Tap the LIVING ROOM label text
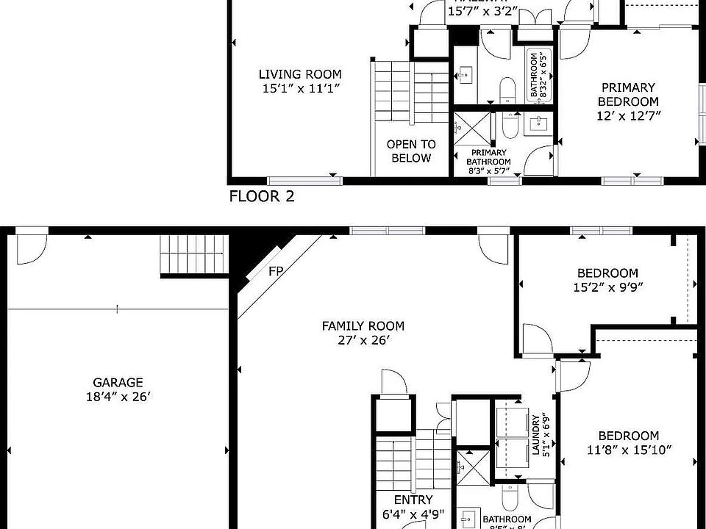coord(300,74)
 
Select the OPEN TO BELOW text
coord(411,151)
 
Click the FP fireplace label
coord(276,270)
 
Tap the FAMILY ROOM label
coord(363,326)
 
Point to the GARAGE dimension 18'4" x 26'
coord(118,397)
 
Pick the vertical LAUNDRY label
coord(535,436)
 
